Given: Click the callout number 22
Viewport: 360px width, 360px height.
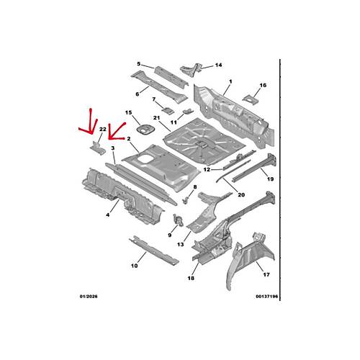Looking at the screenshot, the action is tap(103, 130).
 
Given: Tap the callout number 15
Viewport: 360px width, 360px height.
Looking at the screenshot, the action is tap(129, 112).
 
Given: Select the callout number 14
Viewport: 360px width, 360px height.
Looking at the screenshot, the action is tap(218, 65).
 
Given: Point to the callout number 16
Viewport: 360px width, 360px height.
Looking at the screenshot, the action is tap(263, 85).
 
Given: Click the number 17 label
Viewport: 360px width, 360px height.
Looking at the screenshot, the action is tap(266, 274).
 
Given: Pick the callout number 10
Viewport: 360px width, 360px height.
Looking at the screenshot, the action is tap(135, 266).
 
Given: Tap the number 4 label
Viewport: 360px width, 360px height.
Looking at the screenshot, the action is tap(108, 215).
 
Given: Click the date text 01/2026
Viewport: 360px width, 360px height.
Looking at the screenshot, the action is tap(89, 297).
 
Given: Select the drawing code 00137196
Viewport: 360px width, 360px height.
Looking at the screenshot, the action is tap(267, 297).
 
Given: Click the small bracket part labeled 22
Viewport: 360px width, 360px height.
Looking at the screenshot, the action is tap(98, 148).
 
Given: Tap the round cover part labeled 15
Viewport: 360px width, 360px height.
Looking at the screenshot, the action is tap(145, 130).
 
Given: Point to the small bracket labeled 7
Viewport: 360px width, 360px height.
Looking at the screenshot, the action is tap(168, 110).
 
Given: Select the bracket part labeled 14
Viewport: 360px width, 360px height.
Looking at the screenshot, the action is tap(192, 69).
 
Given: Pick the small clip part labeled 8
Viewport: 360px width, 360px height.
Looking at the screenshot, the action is tap(186, 199).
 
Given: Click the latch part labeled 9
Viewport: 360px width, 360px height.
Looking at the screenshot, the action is tap(178, 220).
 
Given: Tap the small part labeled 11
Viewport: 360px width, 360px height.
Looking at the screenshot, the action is tap(188, 111).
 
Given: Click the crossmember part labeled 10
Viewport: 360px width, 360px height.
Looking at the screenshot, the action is tap(154, 251).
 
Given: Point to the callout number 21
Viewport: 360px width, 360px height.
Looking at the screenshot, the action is tap(156, 118).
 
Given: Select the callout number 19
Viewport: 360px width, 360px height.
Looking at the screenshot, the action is tap(270, 179).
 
